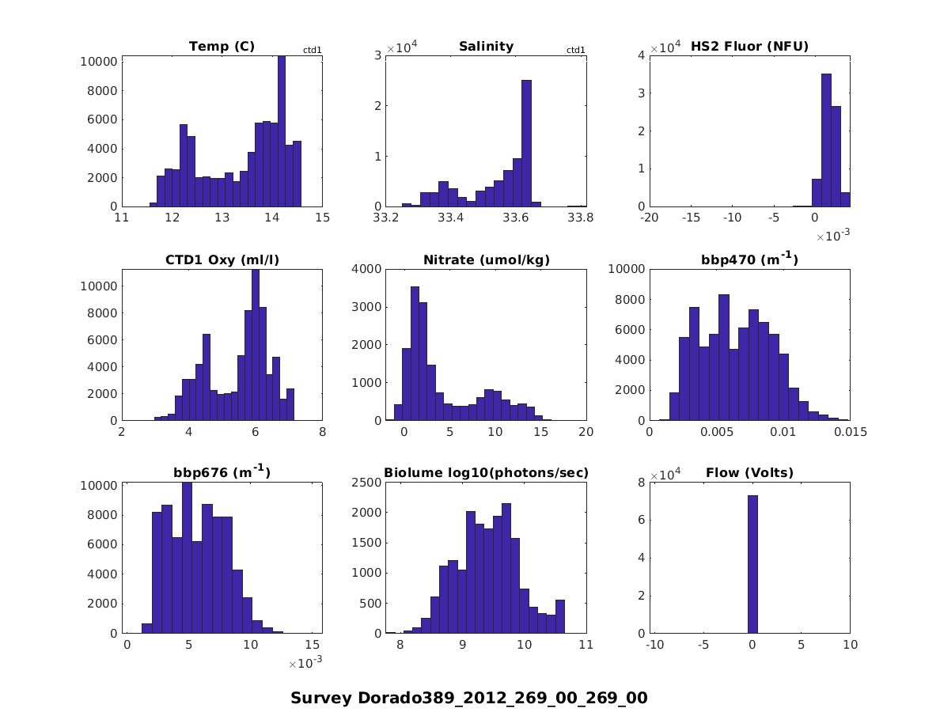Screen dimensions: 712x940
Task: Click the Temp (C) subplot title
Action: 222,47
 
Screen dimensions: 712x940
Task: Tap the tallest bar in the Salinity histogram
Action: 526,142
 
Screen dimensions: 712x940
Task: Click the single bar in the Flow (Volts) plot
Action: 752,564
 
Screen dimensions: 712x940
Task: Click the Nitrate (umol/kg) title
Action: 486,259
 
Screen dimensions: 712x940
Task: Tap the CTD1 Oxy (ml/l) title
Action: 222,259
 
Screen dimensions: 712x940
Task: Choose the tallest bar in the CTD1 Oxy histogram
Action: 255,345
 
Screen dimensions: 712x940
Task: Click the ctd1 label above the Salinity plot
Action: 576,51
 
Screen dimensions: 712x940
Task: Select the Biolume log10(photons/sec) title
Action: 486,473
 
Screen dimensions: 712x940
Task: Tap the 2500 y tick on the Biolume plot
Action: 367,483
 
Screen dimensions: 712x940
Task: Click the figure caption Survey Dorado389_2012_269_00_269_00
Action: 469,698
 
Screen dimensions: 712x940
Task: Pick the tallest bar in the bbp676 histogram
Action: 188,558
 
